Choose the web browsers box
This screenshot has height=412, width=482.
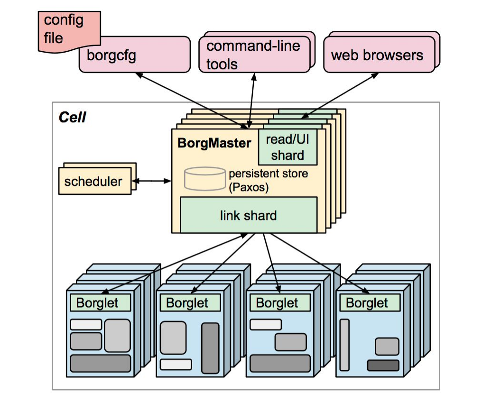tap(377, 55)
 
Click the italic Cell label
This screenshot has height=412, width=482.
tap(72, 117)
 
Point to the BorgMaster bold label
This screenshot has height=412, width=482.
tap(214, 143)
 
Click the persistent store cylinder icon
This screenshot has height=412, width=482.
tap(204, 179)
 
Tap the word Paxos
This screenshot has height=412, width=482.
tap(249, 187)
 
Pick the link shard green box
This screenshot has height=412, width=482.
tap(248, 215)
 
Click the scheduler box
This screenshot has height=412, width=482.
tap(93, 181)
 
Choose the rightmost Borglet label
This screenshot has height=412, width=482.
tap(367, 303)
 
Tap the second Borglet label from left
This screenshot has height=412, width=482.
tap(187, 303)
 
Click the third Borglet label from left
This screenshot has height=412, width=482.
tap(277, 303)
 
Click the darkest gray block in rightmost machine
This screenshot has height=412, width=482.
tap(383, 366)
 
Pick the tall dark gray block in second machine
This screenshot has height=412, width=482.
tap(210, 348)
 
